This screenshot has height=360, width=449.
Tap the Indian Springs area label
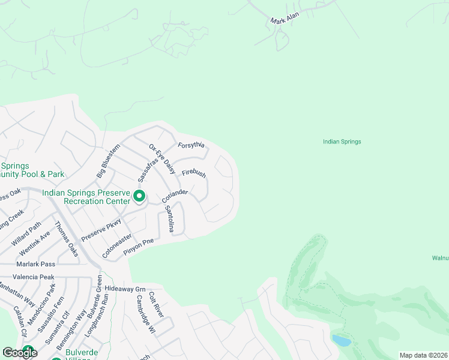pos(342,142)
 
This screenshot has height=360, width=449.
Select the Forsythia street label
pos(191,145)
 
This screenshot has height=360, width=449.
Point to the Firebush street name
pos(194,173)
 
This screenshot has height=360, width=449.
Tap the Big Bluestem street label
pos(107,160)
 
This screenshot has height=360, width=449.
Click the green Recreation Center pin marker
pos(139,196)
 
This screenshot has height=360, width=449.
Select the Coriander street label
pos(175,196)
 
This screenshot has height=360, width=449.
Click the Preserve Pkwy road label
pos(101,231)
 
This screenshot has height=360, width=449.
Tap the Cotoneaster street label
pos(116,245)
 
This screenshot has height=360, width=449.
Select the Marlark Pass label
pos(36,264)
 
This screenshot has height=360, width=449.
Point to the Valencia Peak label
pos(35,277)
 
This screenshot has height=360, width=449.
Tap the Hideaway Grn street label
pos(125,289)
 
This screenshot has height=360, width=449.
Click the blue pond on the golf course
pos(341,341)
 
